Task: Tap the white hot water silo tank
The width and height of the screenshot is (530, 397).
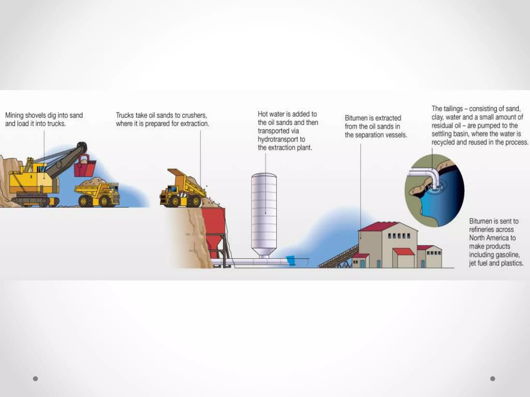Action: tap(264, 212)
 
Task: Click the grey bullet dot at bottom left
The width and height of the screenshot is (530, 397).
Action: tap(35, 379)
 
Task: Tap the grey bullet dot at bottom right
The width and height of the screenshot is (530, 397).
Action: tap(493, 379)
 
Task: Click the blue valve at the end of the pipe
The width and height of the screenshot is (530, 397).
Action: tap(291, 260)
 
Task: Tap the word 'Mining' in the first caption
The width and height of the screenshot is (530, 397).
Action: tap(14, 115)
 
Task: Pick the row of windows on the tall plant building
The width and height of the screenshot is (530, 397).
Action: tap(399, 236)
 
